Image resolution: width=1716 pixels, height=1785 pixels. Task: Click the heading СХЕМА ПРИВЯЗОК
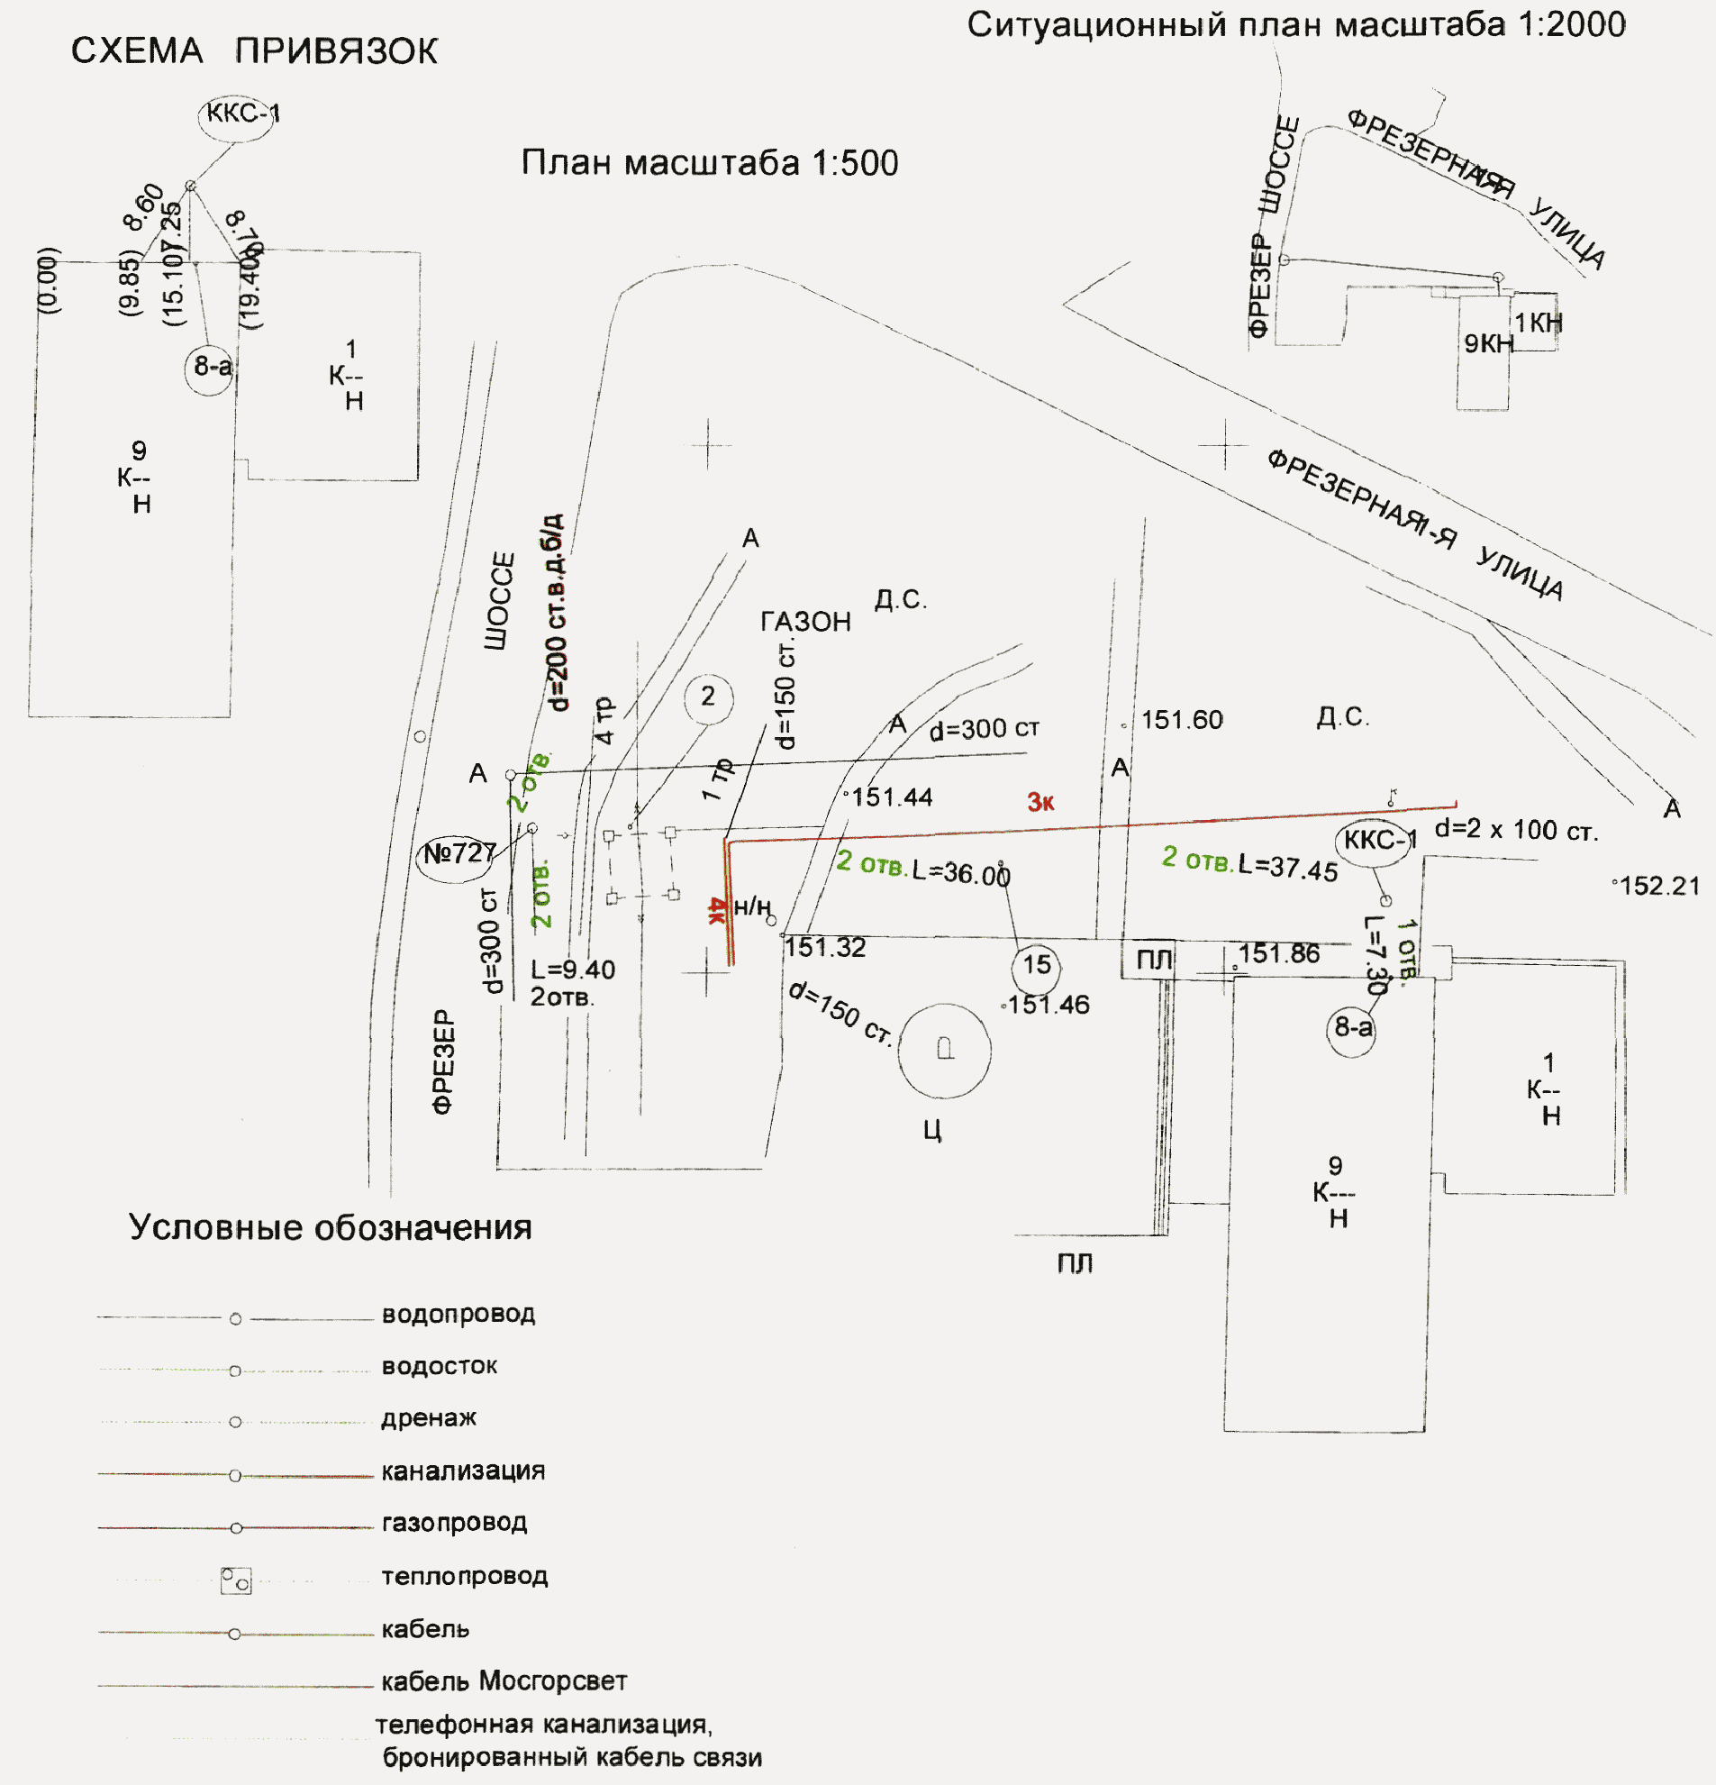(x=254, y=51)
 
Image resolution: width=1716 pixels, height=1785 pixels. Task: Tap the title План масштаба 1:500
(x=709, y=163)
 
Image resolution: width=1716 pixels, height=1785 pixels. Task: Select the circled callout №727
(x=458, y=854)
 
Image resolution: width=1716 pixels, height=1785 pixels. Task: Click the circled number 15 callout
(x=1036, y=964)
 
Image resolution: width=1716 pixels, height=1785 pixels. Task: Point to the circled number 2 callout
(x=708, y=697)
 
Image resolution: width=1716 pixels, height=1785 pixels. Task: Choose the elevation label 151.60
(x=1182, y=720)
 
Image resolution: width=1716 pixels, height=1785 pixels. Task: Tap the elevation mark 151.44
(x=891, y=797)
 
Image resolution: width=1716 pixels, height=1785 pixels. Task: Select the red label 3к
(x=1040, y=802)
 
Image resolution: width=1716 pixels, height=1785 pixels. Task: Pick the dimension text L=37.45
(x=1287, y=869)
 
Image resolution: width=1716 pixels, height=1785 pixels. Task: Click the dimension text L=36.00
(x=961, y=873)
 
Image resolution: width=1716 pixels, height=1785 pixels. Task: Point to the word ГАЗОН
(x=805, y=622)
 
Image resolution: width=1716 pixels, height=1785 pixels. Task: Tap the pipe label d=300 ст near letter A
(x=983, y=730)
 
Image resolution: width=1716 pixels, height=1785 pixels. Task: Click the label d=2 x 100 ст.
(x=1516, y=831)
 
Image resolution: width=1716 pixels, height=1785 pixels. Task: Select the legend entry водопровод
(x=458, y=1314)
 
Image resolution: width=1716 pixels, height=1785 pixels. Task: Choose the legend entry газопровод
(x=454, y=1522)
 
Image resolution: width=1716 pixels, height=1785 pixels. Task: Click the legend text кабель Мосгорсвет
(x=504, y=1680)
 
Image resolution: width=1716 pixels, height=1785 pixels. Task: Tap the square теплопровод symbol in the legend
(x=236, y=1580)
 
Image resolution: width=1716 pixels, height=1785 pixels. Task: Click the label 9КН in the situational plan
(x=1488, y=343)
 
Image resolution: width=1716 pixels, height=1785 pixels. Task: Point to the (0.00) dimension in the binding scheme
(x=51, y=280)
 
